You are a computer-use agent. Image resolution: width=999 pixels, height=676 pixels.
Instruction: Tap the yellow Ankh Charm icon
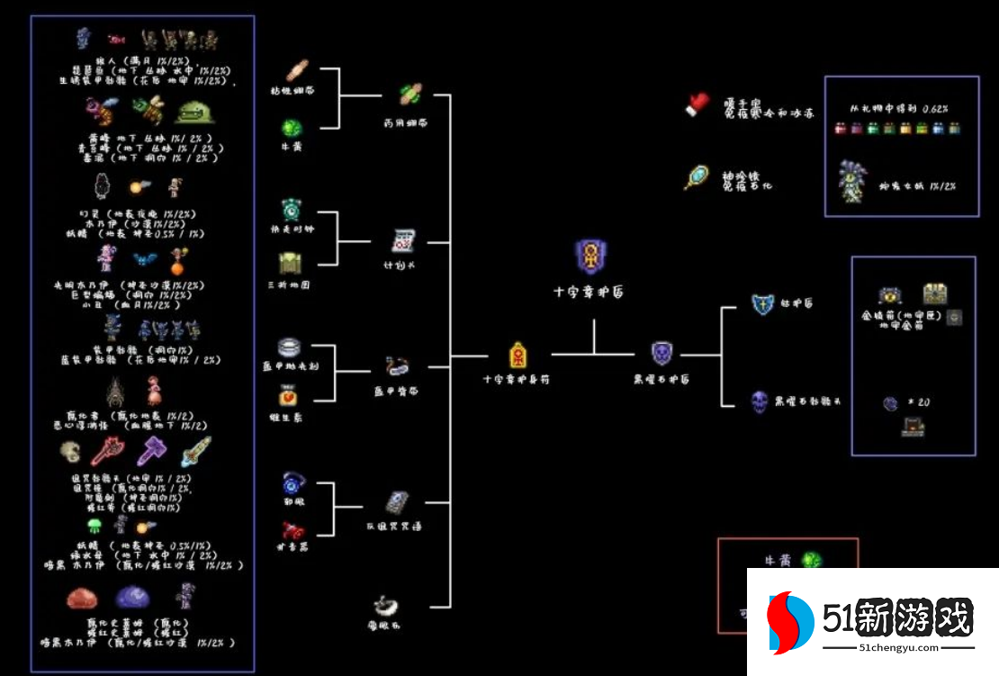517,355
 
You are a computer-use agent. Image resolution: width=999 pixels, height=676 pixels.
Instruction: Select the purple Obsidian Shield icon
661,354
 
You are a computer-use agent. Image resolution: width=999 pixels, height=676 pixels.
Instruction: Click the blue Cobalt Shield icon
763,304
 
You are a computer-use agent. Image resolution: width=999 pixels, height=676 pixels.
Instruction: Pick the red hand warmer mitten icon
697,104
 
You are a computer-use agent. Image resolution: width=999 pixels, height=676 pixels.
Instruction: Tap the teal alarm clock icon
291,209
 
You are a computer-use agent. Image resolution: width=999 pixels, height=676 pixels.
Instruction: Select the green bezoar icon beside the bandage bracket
290,127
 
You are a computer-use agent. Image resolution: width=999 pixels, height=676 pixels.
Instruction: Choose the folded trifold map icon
290,264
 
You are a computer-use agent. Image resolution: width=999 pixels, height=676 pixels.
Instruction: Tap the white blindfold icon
387,602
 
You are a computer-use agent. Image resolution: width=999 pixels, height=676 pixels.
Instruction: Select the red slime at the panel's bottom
84,597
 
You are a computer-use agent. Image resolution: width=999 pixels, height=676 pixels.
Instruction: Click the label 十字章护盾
589,293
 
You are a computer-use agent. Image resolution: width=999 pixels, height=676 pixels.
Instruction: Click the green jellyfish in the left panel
95,526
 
